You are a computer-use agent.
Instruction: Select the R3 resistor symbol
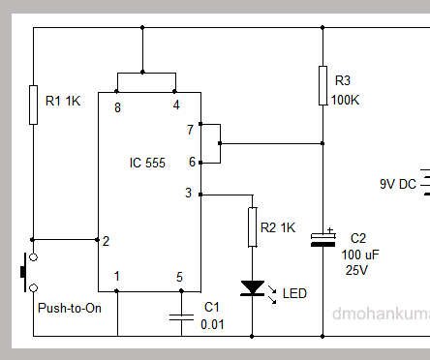pyautogui.click(x=322, y=85)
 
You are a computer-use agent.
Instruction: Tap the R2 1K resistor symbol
pyautogui.click(x=252, y=227)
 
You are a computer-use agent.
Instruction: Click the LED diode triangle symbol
pyautogui.click(x=252, y=287)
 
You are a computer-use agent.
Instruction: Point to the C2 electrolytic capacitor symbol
pyautogui.click(x=322, y=239)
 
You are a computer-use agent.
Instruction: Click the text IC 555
pyautogui.click(x=148, y=164)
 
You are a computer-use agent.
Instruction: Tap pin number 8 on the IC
pyautogui.click(x=117, y=105)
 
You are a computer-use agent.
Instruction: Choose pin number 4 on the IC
pyautogui.click(x=175, y=105)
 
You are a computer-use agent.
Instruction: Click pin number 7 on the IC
pyautogui.click(x=190, y=129)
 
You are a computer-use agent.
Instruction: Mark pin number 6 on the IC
pyautogui.click(x=190, y=162)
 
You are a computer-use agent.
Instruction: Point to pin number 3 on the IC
pyautogui.click(x=188, y=194)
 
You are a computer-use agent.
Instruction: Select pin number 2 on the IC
pyautogui.click(x=106, y=241)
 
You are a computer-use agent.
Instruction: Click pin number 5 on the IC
pyautogui.click(x=179, y=277)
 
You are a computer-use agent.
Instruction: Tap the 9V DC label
pyautogui.click(x=398, y=184)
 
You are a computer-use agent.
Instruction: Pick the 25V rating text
pyautogui.click(x=357, y=270)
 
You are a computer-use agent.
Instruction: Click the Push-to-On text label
pyautogui.click(x=69, y=309)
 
